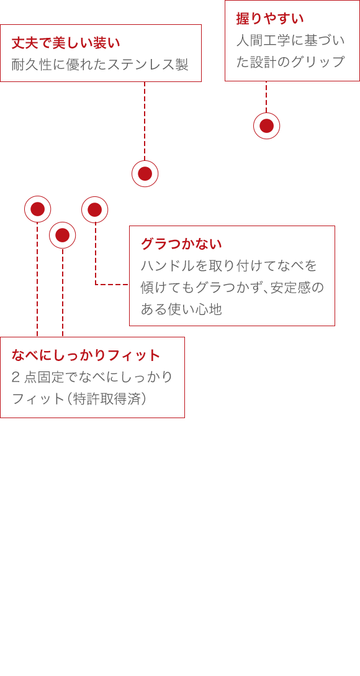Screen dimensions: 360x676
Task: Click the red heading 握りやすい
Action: pyautogui.click(x=270, y=19)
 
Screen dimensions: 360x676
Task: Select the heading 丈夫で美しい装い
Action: pyautogui.click(x=65, y=43)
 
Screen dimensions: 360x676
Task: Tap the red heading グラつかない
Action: pyautogui.click(x=181, y=244)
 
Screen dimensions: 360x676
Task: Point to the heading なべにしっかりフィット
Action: pyautogui.click(x=86, y=355)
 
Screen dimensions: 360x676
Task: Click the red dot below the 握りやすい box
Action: pyautogui.click(x=266, y=126)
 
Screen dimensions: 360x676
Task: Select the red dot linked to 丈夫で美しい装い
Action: pyautogui.click(x=145, y=174)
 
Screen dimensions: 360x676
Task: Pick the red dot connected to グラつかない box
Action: pyautogui.click(x=95, y=210)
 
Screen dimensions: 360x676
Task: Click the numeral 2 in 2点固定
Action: pyautogui.click(x=16, y=377)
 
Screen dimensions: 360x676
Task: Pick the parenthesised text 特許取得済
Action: pyautogui.click(x=107, y=399)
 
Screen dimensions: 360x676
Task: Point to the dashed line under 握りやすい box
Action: pyautogui.click(x=266, y=97)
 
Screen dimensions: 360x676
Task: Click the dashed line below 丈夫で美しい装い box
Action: pyautogui.click(x=145, y=121)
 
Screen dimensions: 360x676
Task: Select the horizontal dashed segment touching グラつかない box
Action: pyautogui.click(x=112, y=285)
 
